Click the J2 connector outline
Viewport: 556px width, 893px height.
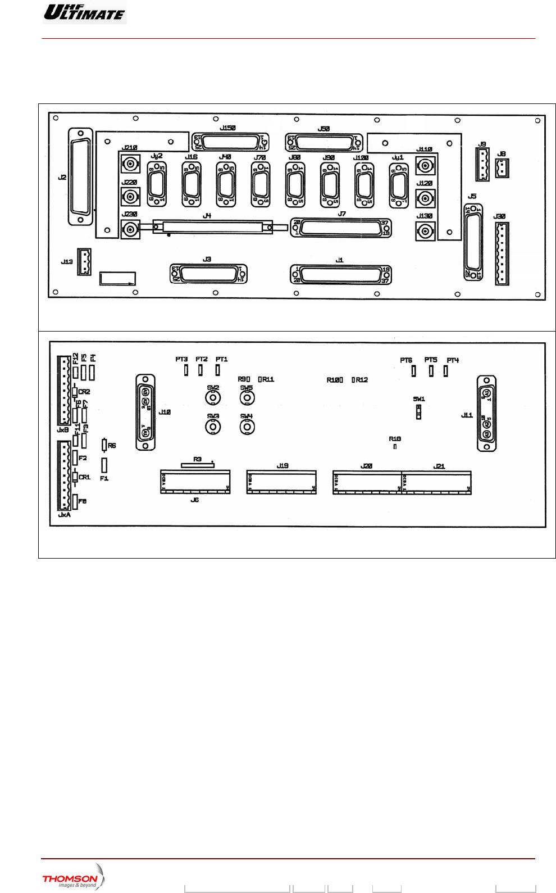pos(80,176)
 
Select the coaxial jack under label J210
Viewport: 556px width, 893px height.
pos(131,164)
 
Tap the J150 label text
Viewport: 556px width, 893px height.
pos(227,128)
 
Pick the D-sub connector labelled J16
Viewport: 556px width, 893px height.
pos(192,184)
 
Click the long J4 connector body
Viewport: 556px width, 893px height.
pos(212,227)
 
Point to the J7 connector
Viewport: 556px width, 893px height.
pos(341,228)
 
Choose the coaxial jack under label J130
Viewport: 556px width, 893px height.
pos(425,231)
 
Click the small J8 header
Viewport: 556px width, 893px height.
pos(502,168)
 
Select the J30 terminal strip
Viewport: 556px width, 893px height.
pos(502,253)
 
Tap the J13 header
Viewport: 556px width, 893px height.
pos(84,262)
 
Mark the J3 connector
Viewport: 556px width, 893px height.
pos(208,274)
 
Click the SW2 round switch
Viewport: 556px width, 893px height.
pos(213,398)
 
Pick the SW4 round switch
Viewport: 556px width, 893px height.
pos(247,427)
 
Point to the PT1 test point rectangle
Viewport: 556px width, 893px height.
pos(218,370)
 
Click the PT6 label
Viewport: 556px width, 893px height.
pos(406,360)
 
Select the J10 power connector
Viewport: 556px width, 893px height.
pos(145,412)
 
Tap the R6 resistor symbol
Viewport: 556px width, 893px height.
pos(104,445)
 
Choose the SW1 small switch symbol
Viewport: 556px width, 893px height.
pos(418,412)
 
